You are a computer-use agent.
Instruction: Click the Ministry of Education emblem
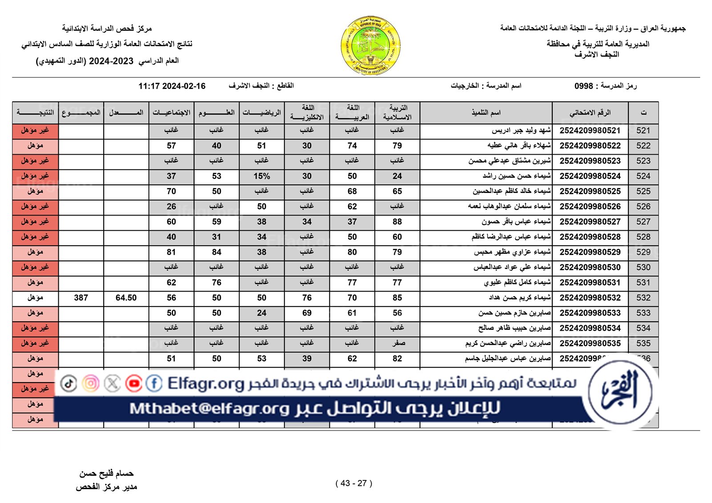click(370, 46)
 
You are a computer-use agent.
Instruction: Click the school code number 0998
click(583, 86)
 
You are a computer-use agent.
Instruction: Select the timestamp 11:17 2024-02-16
click(172, 86)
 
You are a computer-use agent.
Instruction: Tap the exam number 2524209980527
click(590, 222)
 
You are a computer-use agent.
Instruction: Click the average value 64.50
click(126, 298)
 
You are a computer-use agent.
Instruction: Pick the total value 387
click(81, 298)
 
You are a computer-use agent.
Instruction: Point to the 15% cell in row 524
click(262, 176)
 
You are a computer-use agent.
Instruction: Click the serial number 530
click(643, 267)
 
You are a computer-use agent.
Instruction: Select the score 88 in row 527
click(397, 222)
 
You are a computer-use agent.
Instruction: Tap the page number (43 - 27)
click(354, 483)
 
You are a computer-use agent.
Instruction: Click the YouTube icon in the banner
click(133, 383)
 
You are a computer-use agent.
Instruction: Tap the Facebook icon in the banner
click(154, 383)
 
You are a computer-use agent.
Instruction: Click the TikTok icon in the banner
click(69, 383)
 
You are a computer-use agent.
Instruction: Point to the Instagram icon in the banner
click(90, 383)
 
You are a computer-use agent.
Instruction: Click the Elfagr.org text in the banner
click(206, 383)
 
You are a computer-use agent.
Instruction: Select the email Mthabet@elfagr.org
click(210, 408)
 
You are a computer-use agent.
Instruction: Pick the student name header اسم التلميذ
click(486, 113)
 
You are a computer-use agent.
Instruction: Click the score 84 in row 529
click(216, 252)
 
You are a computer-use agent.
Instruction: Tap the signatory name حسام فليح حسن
click(106, 474)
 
